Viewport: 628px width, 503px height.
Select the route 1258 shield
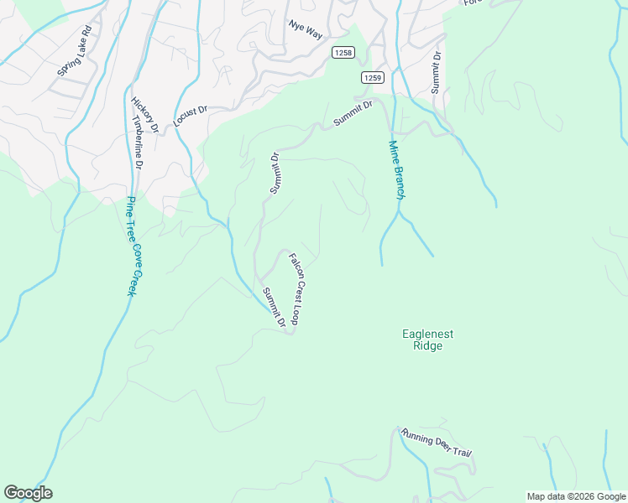click(343, 52)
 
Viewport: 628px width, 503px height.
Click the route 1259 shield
click(373, 78)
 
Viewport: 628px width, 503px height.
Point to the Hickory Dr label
click(145, 115)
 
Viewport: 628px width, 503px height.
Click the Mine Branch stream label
click(396, 169)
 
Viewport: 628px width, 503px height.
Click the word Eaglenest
click(427, 334)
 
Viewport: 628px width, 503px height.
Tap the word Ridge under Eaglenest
click(427, 346)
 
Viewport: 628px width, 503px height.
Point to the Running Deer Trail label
click(437, 442)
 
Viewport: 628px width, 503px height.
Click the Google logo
click(28, 493)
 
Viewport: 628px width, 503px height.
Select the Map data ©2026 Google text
click(576, 496)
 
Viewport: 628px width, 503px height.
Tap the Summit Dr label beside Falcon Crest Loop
click(274, 307)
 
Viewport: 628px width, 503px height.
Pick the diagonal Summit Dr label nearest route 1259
click(352, 112)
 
